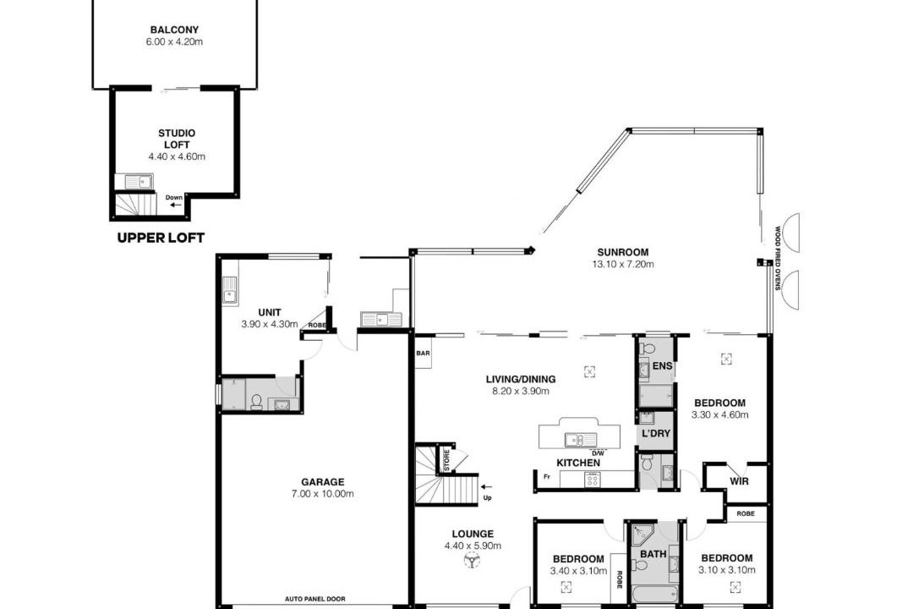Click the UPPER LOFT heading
(161, 238)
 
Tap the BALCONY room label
(175, 30)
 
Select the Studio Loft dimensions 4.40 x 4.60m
(177, 156)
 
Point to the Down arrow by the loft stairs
(175, 206)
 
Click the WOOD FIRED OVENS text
(778, 258)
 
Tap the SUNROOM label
(622, 252)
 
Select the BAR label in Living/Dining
(423, 354)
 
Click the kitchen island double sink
(579, 440)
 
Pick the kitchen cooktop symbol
(592, 480)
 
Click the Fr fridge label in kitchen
(547, 477)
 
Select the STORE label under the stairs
(446, 460)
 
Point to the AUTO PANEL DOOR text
(315, 599)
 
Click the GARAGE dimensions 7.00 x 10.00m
(323, 494)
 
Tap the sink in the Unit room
(230, 290)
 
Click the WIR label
(739, 481)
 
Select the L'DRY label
(656, 434)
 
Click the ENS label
(662, 366)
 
